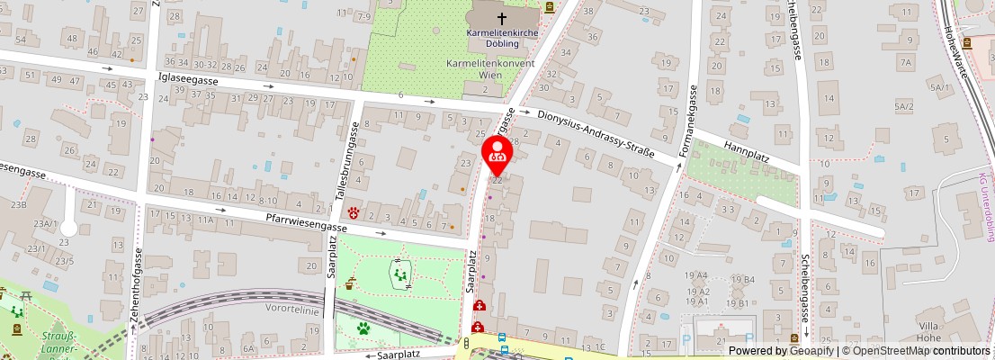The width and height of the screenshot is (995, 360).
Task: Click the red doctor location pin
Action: [497, 150]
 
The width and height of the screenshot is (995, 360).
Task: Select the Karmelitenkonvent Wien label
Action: [490, 69]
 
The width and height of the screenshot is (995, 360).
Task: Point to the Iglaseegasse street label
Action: [190, 79]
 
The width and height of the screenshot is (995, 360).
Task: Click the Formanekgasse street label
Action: [688, 121]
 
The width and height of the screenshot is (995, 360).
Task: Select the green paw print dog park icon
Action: [364, 328]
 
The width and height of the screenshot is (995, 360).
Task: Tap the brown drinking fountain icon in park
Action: [350, 283]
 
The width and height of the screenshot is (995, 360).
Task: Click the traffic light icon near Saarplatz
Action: [467, 343]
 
